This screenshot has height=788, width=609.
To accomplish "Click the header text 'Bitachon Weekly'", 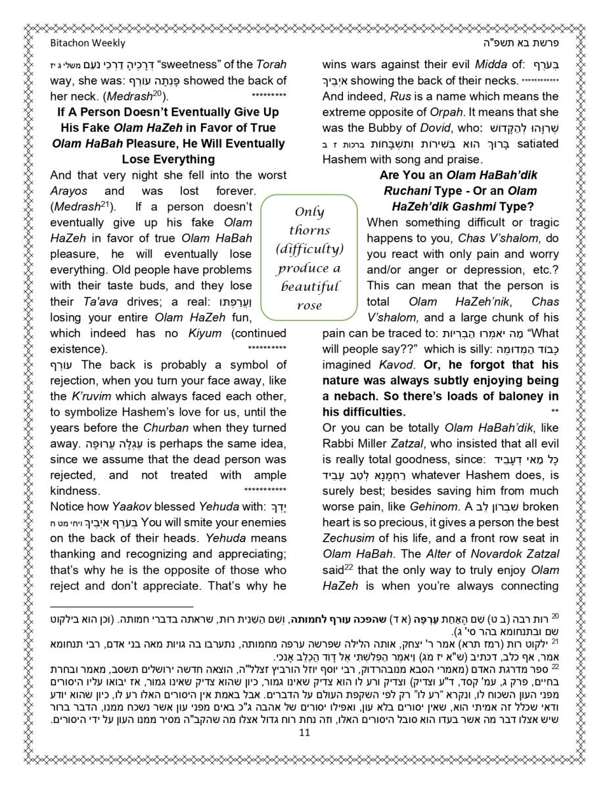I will click(87, 43).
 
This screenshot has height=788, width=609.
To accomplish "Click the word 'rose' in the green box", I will click(309, 305).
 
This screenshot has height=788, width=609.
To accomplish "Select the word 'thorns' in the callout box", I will click(309, 230).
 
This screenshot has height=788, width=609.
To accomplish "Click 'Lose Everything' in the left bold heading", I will click(168, 160).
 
